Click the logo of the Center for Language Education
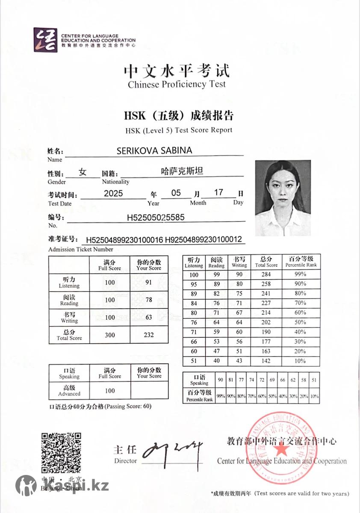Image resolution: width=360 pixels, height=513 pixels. (45, 40)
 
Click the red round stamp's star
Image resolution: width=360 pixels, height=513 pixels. (281, 450)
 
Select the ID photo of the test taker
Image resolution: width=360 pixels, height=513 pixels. (283, 198)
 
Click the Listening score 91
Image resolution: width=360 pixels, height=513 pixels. (149, 282)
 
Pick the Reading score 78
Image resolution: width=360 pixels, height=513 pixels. (149, 300)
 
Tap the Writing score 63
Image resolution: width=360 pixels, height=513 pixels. (149, 317)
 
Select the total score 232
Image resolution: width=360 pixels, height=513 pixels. (149, 335)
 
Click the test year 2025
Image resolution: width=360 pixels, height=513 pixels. (113, 193)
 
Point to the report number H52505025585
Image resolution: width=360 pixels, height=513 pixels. (156, 217)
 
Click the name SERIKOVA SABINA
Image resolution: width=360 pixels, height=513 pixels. (154, 150)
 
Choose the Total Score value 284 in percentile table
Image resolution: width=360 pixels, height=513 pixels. (266, 275)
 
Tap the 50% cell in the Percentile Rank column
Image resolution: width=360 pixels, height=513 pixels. (301, 322)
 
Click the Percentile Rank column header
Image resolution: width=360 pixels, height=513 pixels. (301, 262)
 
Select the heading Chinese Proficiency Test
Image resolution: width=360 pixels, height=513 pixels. (177, 84)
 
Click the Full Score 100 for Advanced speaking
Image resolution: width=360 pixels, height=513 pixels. (110, 390)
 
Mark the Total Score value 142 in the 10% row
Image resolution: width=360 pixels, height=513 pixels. (266, 361)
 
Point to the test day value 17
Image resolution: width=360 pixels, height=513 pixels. (219, 192)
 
